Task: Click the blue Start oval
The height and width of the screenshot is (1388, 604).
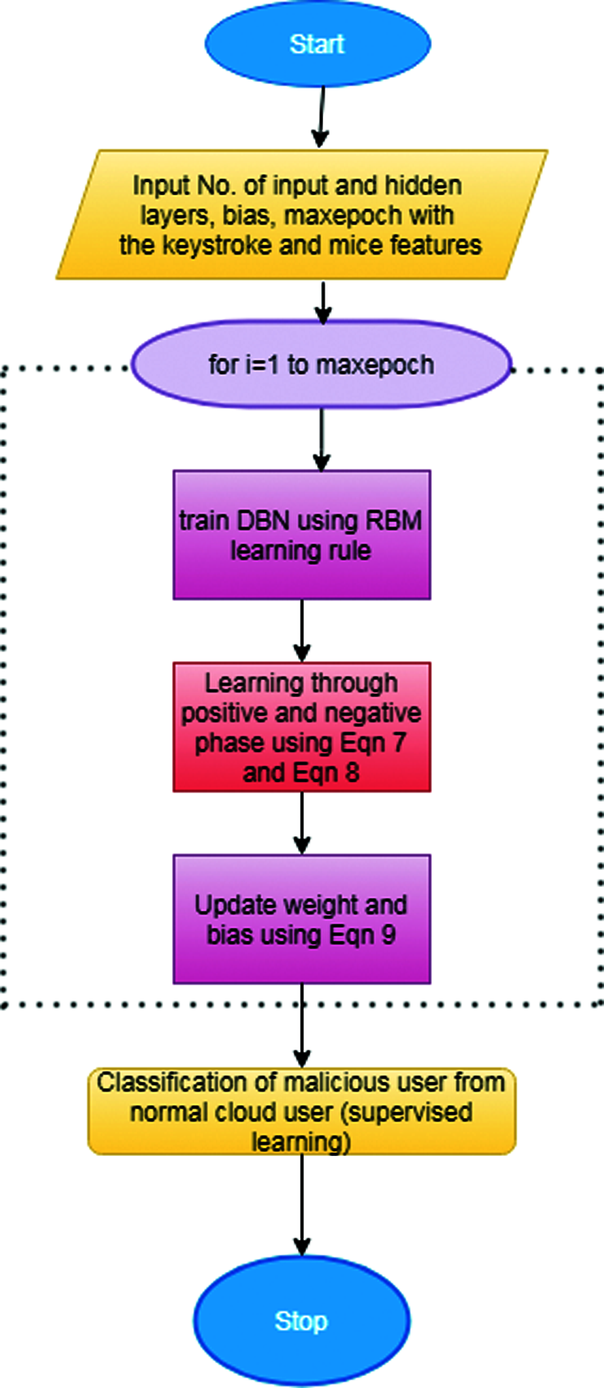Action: [x=317, y=44]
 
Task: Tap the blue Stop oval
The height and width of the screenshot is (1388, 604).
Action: [x=301, y=1321]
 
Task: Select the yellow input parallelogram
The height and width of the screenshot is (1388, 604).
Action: [x=301, y=214]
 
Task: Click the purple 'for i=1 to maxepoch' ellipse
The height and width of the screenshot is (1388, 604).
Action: [x=321, y=365]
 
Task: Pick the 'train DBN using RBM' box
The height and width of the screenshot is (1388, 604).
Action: [x=301, y=535]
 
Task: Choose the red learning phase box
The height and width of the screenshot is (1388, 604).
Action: [x=301, y=727]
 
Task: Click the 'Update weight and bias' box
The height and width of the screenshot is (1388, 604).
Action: [x=301, y=919]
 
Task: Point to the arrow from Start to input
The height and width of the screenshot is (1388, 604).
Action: [x=321, y=117]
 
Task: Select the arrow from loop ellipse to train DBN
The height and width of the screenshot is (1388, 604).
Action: [x=321, y=440]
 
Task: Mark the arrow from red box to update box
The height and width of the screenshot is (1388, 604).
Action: [x=302, y=823]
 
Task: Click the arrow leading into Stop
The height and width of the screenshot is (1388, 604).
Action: [x=302, y=1204]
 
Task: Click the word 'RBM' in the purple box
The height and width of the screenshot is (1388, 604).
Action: [x=393, y=520]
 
